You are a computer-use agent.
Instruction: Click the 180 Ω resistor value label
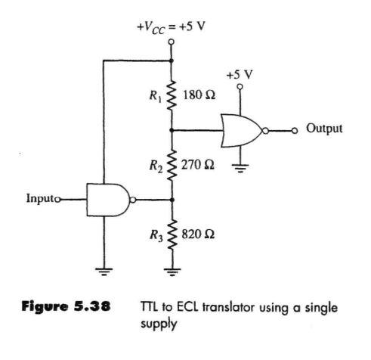pyautogui.click(x=199, y=95)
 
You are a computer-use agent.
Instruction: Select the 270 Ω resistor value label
pyautogui.click(x=198, y=165)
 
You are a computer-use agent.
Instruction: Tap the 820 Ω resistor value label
pyautogui.click(x=198, y=234)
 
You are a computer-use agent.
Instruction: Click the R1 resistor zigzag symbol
pyautogui.click(x=172, y=95)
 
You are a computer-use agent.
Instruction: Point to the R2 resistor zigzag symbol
pyautogui.click(x=172, y=165)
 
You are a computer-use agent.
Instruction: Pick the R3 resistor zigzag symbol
pyautogui.click(x=172, y=234)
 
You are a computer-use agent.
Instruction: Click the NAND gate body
pyautogui.click(x=108, y=200)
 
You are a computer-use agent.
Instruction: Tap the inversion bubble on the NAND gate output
pyautogui.click(x=133, y=200)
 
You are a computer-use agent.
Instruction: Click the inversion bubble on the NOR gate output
pyautogui.click(x=266, y=131)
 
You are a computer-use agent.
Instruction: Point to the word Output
pyautogui.click(x=324, y=129)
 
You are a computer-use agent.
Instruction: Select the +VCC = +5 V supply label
pyautogui.click(x=171, y=27)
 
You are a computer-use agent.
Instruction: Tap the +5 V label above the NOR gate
pyautogui.click(x=240, y=75)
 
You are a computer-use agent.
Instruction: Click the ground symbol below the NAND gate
pyautogui.click(x=104, y=271)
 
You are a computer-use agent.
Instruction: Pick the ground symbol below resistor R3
pyautogui.click(x=172, y=272)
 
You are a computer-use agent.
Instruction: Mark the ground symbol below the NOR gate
pyautogui.click(x=240, y=168)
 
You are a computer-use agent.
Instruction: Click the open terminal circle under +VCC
pyautogui.click(x=172, y=42)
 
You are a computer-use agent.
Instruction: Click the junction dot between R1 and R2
pyautogui.click(x=172, y=130)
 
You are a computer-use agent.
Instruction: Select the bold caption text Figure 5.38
pyautogui.click(x=66, y=307)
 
